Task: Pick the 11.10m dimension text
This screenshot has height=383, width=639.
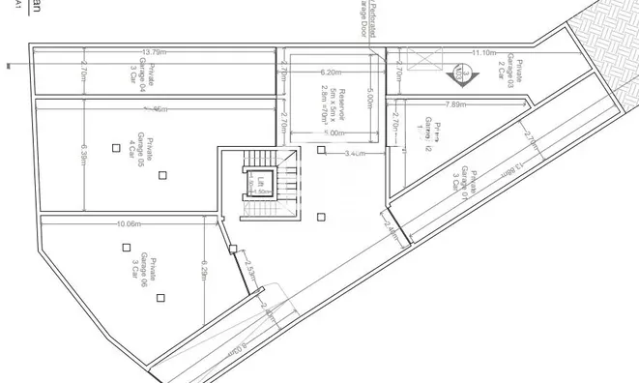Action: pos(484,51)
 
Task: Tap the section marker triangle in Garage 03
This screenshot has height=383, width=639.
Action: pos(462,71)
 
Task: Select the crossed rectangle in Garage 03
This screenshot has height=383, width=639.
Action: pos(424,61)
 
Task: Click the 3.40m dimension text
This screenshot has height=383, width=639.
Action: pos(355,153)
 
